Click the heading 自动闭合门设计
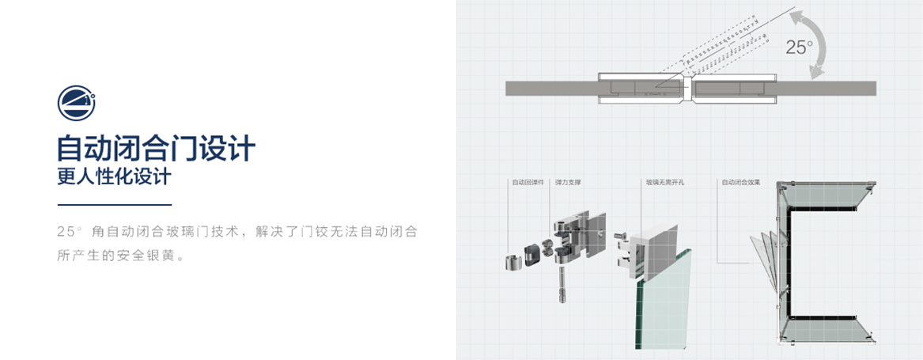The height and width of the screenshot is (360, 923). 155,148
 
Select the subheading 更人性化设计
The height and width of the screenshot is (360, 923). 113,176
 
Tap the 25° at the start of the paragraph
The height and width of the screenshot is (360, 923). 70,232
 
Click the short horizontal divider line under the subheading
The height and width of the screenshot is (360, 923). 113,205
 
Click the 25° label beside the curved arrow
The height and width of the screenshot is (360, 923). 799,47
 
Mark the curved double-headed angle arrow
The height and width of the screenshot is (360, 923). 823,44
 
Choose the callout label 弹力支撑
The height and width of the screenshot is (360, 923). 568,183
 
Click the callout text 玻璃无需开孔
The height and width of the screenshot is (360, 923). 664,183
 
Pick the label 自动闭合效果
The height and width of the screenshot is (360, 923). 740,183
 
